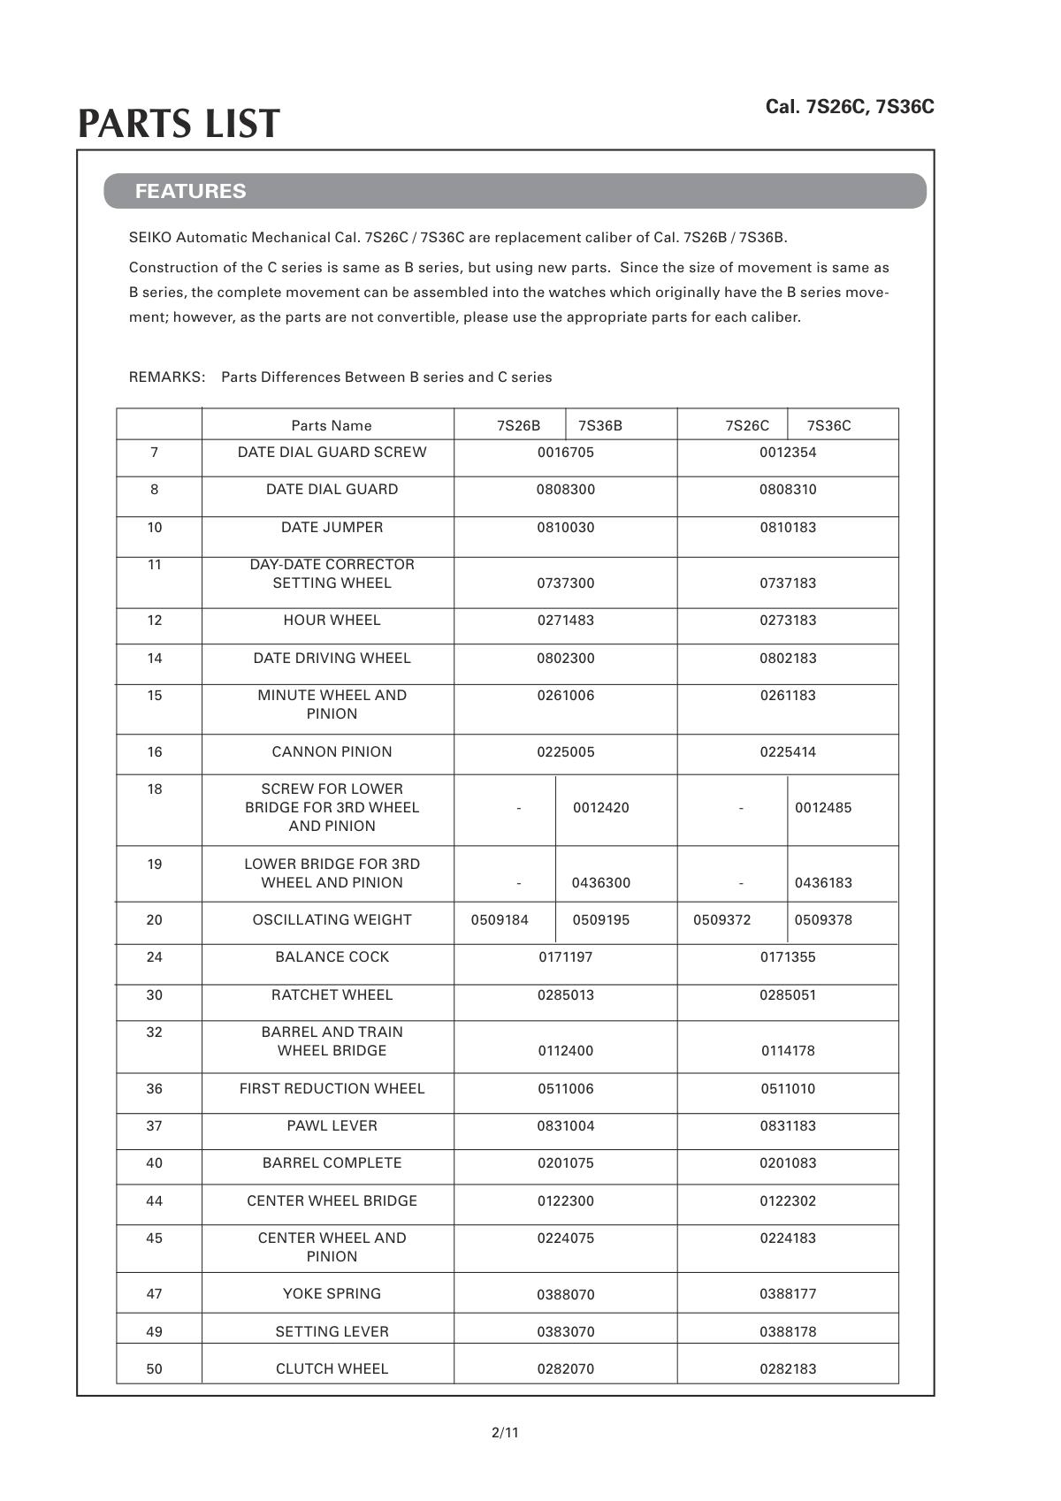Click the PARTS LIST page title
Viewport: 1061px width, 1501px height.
[x=179, y=125]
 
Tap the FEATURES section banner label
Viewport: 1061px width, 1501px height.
[x=190, y=191]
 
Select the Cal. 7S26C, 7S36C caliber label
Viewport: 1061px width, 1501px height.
[x=849, y=107]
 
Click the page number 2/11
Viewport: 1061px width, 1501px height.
[x=505, y=1432]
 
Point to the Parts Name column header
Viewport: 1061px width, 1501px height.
[x=332, y=425]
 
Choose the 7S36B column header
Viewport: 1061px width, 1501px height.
[x=599, y=425]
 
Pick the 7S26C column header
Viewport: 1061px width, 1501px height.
[x=747, y=425]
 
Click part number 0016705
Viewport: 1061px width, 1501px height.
[x=566, y=453]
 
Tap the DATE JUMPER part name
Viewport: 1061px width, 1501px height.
[x=332, y=528]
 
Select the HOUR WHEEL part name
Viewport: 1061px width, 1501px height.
[x=332, y=621]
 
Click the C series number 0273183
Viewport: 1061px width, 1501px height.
[x=788, y=621]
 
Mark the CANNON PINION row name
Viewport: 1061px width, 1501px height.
[x=332, y=752]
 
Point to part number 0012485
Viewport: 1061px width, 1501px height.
[x=823, y=808]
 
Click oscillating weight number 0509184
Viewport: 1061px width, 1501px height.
[x=500, y=920]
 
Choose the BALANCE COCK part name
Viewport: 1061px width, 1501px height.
[x=332, y=957]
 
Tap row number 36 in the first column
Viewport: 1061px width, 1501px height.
[x=155, y=1089]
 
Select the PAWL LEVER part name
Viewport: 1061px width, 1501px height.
[x=332, y=1126]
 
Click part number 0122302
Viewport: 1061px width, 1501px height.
[x=788, y=1201]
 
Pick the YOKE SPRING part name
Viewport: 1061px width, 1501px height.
[x=332, y=1294]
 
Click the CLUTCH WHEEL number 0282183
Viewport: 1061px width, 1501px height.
[x=788, y=1369]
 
